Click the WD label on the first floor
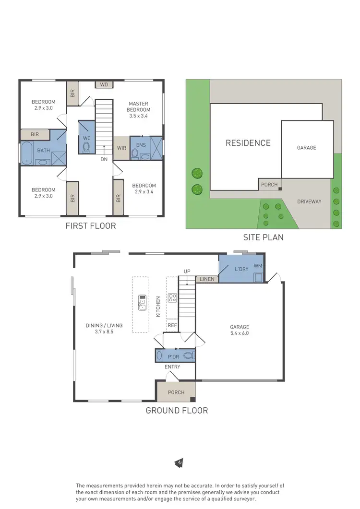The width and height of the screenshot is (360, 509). click(104, 85)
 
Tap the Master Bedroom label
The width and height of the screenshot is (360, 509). click(138, 107)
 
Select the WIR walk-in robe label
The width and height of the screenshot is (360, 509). click(121, 148)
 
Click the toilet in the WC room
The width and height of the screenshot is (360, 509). click(86, 147)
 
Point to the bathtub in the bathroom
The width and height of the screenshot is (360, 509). click(25, 153)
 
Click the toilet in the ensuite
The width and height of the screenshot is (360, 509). click(135, 154)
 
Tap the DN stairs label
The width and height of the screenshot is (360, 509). click(104, 159)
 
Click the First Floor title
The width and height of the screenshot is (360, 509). click(91, 225)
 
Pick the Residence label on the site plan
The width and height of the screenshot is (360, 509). click(248, 143)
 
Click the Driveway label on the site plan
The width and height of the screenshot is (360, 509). click(309, 201)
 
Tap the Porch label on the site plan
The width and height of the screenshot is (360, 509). click(269, 185)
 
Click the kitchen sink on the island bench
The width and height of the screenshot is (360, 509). click(142, 302)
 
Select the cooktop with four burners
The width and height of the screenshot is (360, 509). click(172, 298)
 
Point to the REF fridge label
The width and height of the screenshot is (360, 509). click(172, 325)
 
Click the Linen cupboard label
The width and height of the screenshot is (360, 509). click(207, 279)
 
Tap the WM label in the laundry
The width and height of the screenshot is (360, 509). click(258, 266)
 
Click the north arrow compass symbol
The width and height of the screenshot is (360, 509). click(179, 462)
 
